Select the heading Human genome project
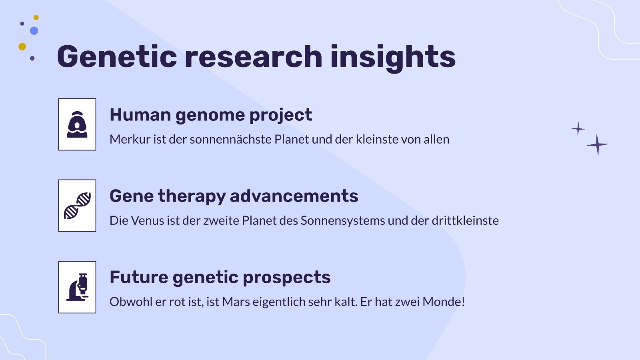coord(210,115)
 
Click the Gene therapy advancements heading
coord(234,196)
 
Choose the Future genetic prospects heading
coord(220,277)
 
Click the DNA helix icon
coord(77,206)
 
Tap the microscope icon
coord(78,287)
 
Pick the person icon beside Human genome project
coord(77,124)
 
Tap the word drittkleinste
coord(465,220)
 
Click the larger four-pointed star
coord(597,144)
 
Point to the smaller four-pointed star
coord(578,129)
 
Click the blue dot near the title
coord(34,31)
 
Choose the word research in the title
coord(253,56)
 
